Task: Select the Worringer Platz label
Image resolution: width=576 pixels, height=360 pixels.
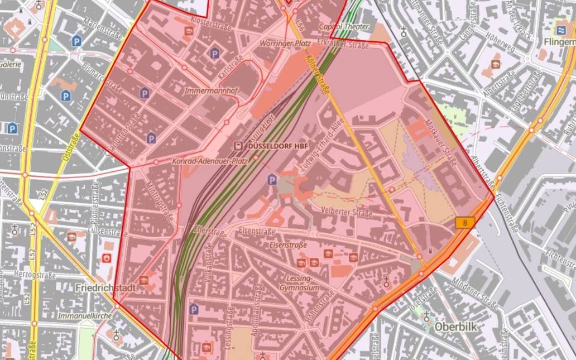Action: click(285, 42)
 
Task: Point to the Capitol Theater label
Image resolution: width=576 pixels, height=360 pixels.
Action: click(344, 27)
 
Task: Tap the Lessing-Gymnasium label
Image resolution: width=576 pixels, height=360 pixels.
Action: click(301, 282)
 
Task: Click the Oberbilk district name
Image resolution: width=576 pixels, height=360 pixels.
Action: click(455, 327)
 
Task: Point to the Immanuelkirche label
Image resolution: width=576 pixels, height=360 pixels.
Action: click(85, 316)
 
